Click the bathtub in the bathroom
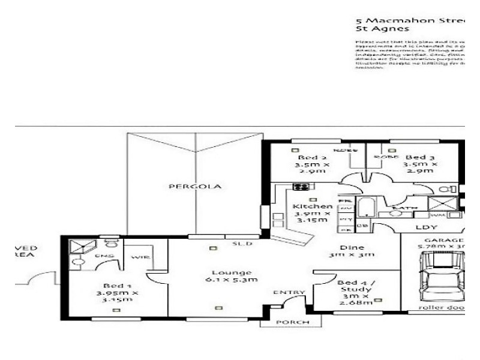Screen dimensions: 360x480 point(366,208)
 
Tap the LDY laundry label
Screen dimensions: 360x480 point(427,228)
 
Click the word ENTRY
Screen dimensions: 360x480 point(284,293)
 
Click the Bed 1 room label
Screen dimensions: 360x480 point(118,293)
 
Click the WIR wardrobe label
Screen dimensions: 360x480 point(140,257)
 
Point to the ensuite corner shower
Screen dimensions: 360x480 point(78,246)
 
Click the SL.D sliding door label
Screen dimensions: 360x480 point(242,244)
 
